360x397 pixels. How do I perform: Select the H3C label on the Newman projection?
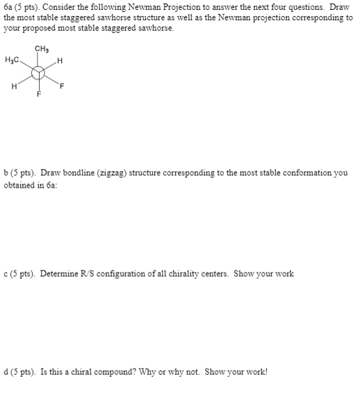click(11, 60)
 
